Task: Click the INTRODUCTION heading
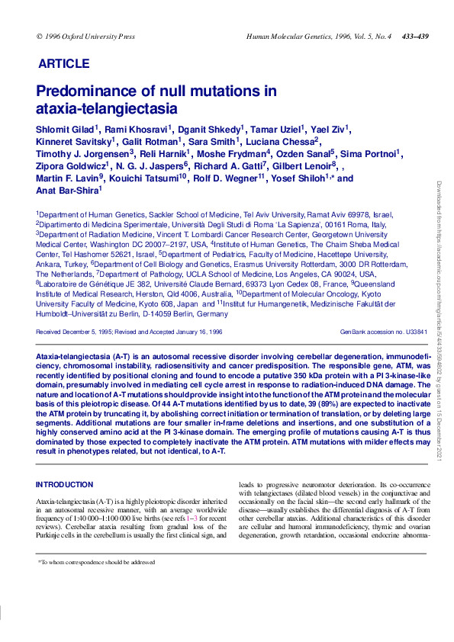click(x=65, y=484)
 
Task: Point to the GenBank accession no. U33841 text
click(x=384, y=332)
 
